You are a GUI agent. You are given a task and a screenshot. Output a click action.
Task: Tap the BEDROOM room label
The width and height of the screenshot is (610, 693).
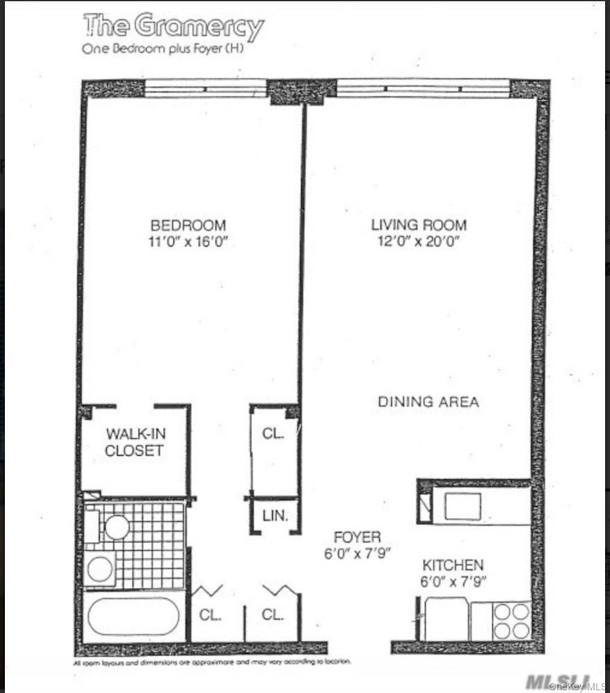(x=189, y=225)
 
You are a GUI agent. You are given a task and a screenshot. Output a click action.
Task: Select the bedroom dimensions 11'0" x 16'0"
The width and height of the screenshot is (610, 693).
(x=189, y=242)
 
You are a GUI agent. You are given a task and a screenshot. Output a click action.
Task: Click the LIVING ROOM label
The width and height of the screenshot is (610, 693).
(x=419, y=225)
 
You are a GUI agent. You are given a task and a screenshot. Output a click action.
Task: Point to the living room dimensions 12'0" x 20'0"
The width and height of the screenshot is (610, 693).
(x=419, y=241)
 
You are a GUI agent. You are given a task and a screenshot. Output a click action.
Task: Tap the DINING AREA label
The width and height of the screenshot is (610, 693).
(x=428, y=401)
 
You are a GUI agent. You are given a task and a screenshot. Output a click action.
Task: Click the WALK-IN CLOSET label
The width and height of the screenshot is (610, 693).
(x=135, y=442)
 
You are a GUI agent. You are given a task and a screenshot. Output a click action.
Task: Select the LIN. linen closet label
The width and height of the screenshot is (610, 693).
(x=275, y=516)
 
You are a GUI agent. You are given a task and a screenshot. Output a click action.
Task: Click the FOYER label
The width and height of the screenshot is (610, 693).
(x=357, y=537)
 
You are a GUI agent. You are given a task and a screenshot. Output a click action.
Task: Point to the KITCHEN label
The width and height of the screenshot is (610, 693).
(x=453, y=565)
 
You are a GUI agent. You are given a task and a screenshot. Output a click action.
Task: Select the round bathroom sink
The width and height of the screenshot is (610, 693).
(x=116, y=527)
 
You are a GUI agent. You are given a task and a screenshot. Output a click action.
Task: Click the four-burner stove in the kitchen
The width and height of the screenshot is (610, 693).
(x=512, y=621)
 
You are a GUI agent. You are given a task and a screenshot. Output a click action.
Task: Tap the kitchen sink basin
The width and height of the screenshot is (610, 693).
(x=462, y=506)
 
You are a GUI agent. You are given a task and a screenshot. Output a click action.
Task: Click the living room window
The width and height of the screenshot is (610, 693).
(x=423, y=89)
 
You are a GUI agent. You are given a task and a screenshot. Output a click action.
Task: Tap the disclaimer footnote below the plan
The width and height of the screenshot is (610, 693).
(x=212, y=662)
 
